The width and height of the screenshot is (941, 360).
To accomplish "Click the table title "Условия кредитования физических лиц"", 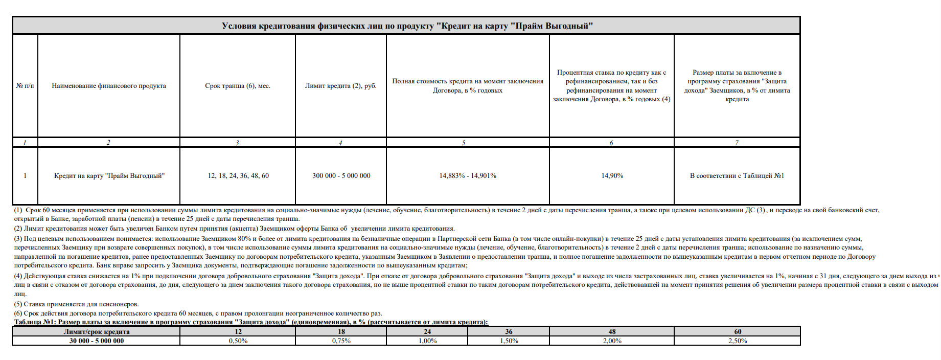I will tap(407, 26).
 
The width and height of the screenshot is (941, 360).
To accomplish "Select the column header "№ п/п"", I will tap(25, 86).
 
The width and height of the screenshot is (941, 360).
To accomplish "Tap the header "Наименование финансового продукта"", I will tap(109, 86).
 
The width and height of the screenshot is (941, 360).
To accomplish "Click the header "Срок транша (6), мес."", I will tap(238, 86).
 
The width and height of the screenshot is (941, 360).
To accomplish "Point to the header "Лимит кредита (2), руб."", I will tap(341, 86).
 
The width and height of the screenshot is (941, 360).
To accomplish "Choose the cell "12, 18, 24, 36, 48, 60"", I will tap(238, 176).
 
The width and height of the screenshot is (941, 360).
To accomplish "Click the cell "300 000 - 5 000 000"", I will tap(341, 176).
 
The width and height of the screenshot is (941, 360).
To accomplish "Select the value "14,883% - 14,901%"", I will tap(468, 176).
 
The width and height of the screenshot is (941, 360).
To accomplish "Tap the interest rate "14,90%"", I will tap(612, 176).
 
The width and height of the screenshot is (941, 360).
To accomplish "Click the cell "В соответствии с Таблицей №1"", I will tap(737, 176).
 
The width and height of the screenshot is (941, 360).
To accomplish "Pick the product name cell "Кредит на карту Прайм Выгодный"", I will tap(109, 176).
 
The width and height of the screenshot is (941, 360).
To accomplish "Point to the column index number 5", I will tap(464, 143).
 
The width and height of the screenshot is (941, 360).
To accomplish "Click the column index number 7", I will tap(737, 143).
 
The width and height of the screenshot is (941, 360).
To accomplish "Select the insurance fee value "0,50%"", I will tap(238, 341).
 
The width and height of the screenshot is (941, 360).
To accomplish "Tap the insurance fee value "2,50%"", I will tap(738, 341).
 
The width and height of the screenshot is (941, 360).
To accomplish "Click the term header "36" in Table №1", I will tap(509, 332).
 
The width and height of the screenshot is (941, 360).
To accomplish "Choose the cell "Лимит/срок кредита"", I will tap(97, 332).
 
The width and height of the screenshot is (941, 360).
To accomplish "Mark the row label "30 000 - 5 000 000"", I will tap(97, 341).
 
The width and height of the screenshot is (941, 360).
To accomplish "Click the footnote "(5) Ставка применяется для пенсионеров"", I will tap(77, 304).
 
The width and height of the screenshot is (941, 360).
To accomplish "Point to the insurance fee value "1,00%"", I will tap(427, 341).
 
